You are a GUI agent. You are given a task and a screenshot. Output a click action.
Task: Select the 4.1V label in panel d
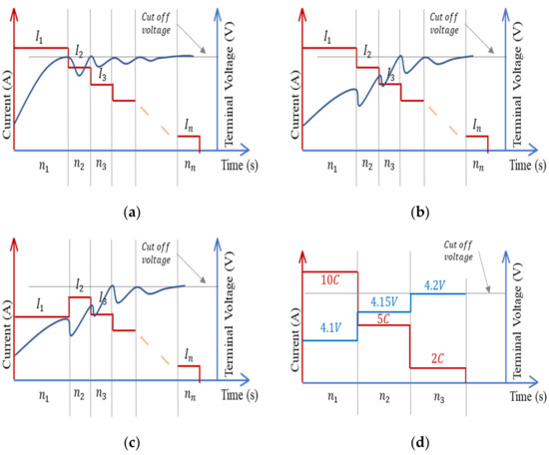329,326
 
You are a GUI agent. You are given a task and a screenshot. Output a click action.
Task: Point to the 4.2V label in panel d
436,285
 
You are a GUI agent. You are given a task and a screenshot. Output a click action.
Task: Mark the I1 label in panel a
39,37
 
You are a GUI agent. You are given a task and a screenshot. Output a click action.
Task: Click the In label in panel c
188,355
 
